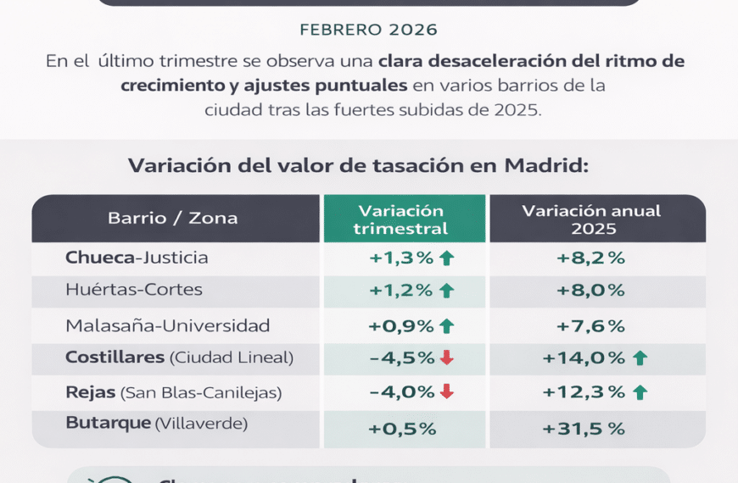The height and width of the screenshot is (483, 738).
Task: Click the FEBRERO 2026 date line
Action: (369, 30)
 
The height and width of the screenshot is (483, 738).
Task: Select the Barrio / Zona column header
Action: (173, 218)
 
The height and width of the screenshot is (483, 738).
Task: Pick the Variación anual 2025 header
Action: (591, 219)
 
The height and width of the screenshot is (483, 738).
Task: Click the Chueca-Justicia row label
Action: (137, 257)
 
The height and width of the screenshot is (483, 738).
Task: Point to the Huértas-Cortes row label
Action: (134, 289)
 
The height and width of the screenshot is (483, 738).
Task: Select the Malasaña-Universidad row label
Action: (168, 325)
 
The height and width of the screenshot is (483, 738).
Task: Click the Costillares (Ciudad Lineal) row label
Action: (179, 358)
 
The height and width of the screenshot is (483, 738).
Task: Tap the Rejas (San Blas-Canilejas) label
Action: (173, 392)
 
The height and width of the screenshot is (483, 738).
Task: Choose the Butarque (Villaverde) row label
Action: (156, 423)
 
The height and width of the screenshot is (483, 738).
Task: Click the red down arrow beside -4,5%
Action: (447, 358)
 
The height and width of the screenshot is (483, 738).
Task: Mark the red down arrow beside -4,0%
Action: (447, 392)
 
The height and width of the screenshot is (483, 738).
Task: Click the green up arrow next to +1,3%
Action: (447, 258)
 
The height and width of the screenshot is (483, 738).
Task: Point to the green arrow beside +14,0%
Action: (640, 358)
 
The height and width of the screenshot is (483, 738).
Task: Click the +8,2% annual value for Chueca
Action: (591, 258)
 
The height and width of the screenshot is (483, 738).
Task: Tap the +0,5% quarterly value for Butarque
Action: (402, 429)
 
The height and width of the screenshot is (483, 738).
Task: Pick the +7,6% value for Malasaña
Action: (591, 325)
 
